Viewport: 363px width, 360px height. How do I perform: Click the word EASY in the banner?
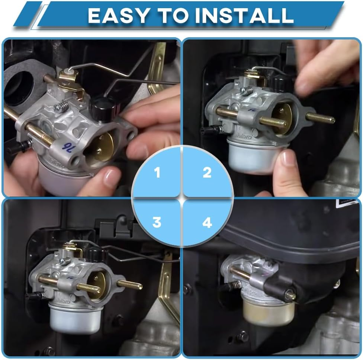point(118,16)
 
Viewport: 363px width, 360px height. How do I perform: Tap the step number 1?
point(157,173)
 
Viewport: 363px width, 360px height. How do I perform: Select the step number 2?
point(207,173)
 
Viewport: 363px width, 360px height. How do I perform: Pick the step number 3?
point(157,222)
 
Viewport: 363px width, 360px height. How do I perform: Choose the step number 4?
point(207,222)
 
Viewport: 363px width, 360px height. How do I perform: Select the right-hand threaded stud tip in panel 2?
point(330,120)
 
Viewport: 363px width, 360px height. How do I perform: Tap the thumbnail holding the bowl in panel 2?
point(288,158)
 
